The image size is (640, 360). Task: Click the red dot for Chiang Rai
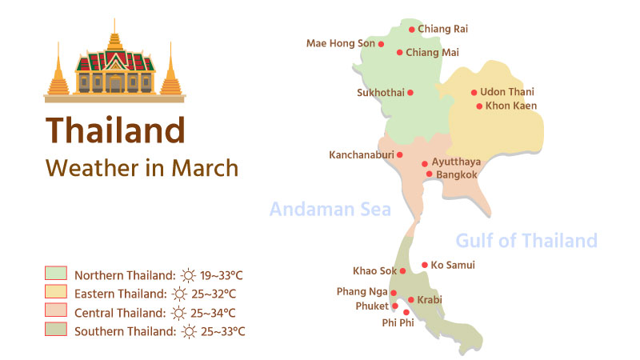tap(412, 30)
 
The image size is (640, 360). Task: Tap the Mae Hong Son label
tap(340, 44)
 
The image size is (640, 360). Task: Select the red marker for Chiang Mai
tap(400, 53)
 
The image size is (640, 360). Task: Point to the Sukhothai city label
tap(380, 93)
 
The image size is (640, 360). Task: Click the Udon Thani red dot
tap(474, 93)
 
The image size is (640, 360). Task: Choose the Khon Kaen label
tap(511, 106)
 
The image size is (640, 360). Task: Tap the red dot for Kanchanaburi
tap(400, 155)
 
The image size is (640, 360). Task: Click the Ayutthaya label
tap(457, 162)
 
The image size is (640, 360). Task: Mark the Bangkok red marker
tap(429, 174)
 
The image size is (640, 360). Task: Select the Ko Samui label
tap(453, 265)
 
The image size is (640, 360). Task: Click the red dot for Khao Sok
tap(402, 271)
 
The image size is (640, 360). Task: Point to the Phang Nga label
tap(362, 292)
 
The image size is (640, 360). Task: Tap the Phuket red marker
tap(395, 306)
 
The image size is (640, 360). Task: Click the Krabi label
tap(430, 300)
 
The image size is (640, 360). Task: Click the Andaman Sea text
tap(330, 210)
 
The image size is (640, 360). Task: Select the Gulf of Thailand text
tap(526, 240)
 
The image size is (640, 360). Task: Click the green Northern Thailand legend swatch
tap(55, 274)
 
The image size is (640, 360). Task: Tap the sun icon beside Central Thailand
tap(189, 312)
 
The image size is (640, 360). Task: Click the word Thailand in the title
tap(115, 130)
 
